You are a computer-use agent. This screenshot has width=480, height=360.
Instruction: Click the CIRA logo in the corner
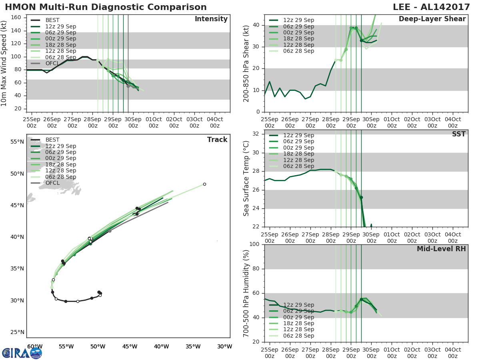22,353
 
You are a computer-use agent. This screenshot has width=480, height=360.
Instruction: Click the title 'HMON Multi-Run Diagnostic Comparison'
106,7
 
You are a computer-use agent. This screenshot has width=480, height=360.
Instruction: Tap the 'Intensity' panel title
211,19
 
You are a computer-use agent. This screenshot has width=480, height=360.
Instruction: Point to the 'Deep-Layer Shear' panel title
432,19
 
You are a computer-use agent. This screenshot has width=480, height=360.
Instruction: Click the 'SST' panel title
458,134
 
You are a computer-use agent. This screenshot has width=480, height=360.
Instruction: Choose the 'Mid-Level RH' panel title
441,249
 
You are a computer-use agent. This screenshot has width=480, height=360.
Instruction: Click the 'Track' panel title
217,140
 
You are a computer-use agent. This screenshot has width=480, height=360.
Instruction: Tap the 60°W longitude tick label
35,346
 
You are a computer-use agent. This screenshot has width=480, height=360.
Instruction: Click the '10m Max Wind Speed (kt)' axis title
4,63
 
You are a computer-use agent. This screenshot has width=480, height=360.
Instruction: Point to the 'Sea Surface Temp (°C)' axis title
246,178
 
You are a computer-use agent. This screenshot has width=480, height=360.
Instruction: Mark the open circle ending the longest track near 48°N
204,184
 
